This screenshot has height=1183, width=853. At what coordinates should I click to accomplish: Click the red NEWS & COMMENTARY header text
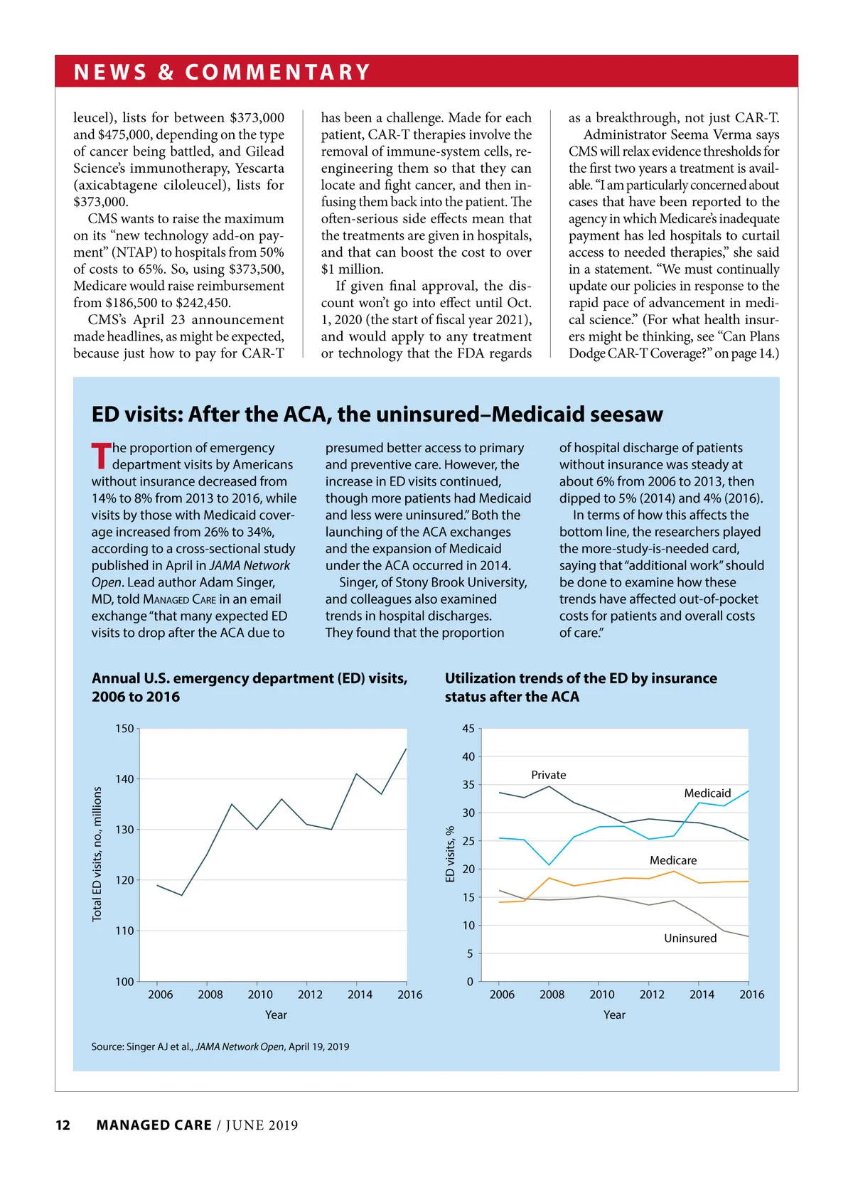point(222,72)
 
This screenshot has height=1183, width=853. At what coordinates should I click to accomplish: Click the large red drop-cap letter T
point(101,456)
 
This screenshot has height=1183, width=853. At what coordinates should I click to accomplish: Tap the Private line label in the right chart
point(548,775)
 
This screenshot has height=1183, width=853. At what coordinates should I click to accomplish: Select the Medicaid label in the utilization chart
point(707,793)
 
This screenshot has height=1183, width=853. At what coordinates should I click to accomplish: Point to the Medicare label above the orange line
point(672,860)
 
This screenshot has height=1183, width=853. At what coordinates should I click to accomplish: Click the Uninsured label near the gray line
point(690,938)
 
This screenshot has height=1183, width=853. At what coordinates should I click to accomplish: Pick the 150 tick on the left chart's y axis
point(124,729)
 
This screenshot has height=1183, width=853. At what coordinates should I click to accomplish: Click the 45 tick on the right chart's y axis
point(468,729)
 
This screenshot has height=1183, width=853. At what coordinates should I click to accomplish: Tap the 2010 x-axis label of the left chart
point(260,995)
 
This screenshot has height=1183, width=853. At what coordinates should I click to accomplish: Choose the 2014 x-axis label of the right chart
point(702,995)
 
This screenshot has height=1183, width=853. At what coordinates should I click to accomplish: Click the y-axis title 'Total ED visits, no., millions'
point(97,854)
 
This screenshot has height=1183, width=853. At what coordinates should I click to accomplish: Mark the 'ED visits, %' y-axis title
point(450,854)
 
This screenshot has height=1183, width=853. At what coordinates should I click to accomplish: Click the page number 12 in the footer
point(63,1125)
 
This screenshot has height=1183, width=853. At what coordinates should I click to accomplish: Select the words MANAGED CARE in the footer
point(154,1125)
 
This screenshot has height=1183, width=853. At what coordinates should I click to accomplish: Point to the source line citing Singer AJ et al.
point(220,1046)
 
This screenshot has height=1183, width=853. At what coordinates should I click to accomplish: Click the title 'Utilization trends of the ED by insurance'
point(580,678)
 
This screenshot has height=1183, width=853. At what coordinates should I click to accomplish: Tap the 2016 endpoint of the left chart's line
point(406,749)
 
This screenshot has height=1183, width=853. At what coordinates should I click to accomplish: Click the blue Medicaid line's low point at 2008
point(549,864)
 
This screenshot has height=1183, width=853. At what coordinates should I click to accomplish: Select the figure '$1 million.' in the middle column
point(352,269)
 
